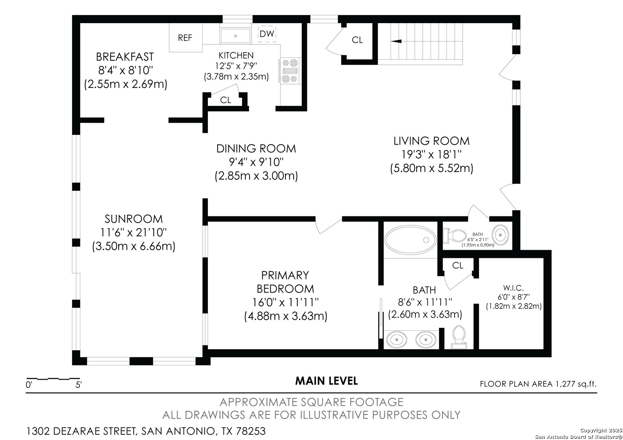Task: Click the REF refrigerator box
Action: (x=186, y=37)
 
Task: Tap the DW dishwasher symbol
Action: (x=267, y=34)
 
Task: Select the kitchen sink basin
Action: (x=236, y=36)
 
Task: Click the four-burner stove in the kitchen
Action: (x=290, y=71)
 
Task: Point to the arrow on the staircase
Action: (x=396, y=41)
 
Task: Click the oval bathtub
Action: (x=411, y=240)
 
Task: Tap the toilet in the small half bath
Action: (x=455, y=235)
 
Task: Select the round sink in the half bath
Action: (x=500, y=235)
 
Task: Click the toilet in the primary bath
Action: (x=459, y=337)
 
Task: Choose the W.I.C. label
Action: (x=513, y=288)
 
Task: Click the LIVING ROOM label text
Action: (x=431, y=141)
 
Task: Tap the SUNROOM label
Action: (x=133, y=219)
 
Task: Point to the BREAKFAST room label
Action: (x=125, y=57)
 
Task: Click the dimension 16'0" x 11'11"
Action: (x=285, y=302)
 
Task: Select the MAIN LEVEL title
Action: (x=327, y=381)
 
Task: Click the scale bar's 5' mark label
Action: (x=78, y=385)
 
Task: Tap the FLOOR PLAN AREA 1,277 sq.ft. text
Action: (x=538, y=384)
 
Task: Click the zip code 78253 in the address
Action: (x=251, y=431)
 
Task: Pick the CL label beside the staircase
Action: (x=358, y=40)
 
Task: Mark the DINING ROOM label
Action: (x=256, y=149)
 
